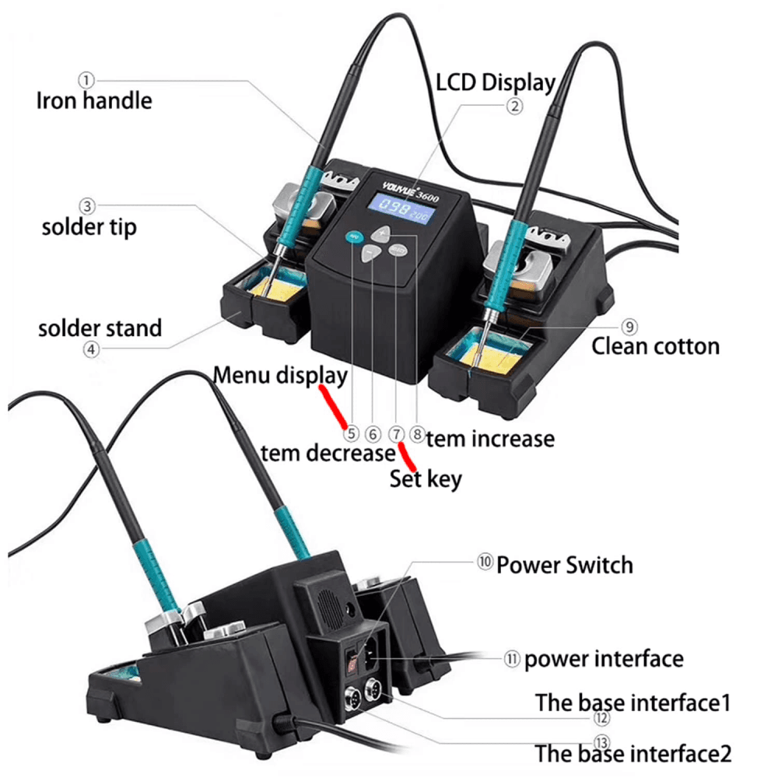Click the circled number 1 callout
coord(86,80)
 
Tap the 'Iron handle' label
coord(94,100)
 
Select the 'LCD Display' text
coord(495,83)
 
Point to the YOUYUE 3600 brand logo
coord(410,191)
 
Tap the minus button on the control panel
coord(369,254)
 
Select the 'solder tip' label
coord(89,227)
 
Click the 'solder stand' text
coord(100,328)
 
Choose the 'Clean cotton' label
coord(655,346)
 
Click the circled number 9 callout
coord(629,327)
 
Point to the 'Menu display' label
coord(280,376)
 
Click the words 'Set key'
coord(426,479)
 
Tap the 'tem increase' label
coord(490,439)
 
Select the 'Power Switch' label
coord(565,565)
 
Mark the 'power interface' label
coord(604,659)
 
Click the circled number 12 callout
coord(601,717)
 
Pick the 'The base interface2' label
coord(633,753)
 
